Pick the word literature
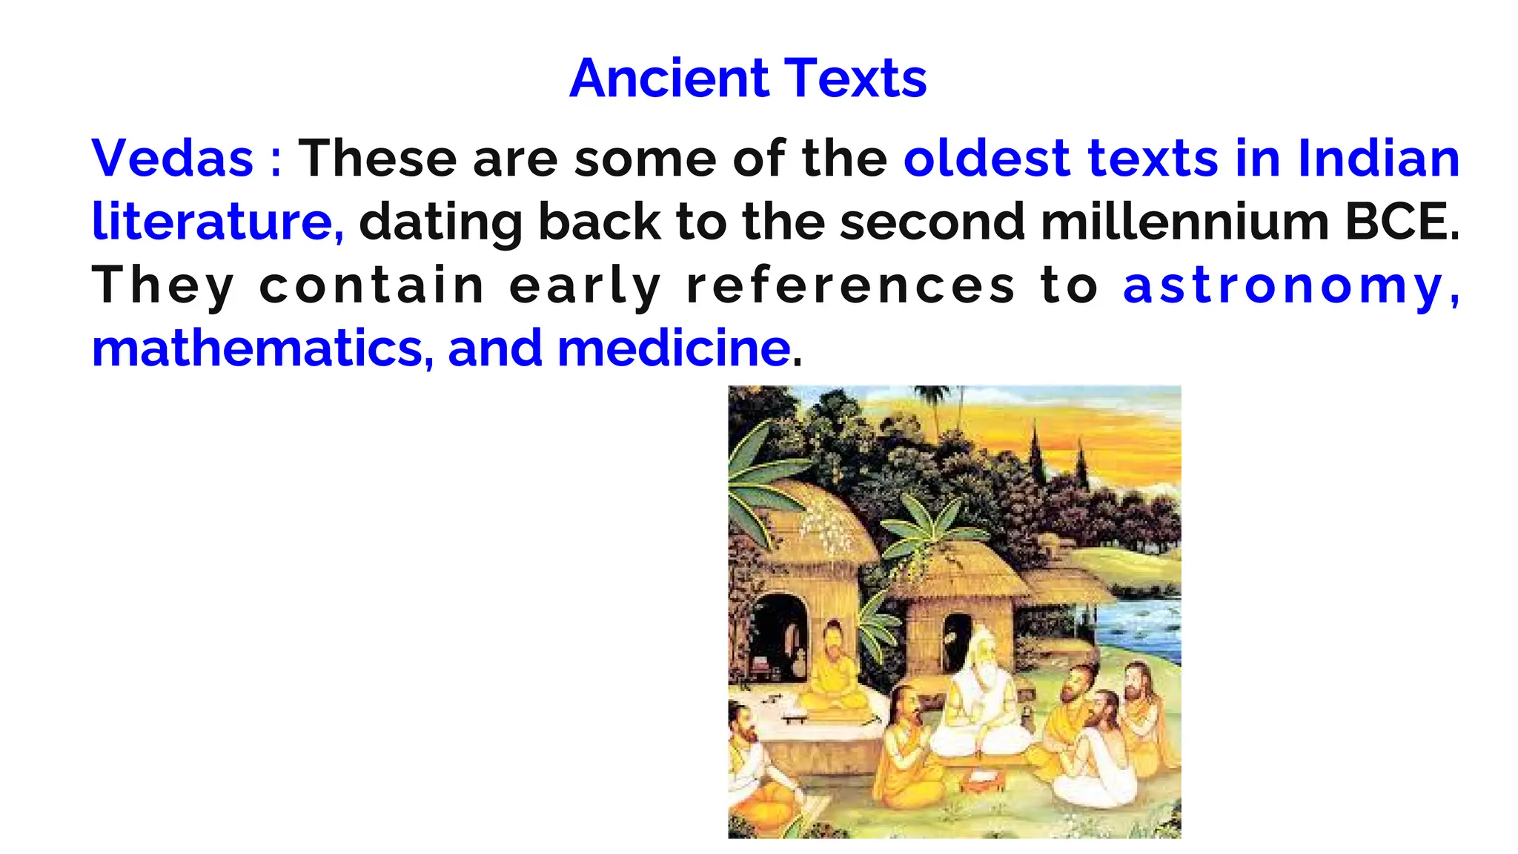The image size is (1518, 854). click(217, 222)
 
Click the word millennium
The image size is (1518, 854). click(1184, 222)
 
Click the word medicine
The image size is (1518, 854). click(673, 348)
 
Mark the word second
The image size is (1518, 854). click(932, 222)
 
